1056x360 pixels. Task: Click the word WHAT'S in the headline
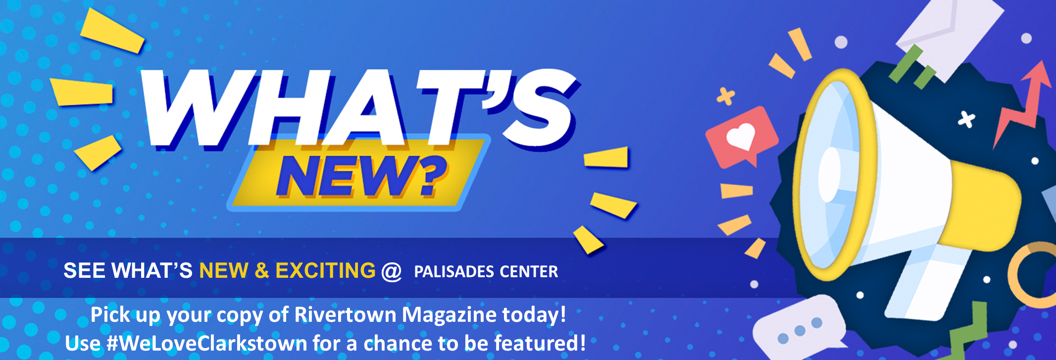(359, 109)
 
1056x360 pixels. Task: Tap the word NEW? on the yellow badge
(361, 176)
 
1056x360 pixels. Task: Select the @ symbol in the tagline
(392, 271)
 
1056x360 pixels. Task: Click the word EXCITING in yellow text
(325, 270)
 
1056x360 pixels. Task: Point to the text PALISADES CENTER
(486, 271)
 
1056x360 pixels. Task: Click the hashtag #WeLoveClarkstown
(207, 343)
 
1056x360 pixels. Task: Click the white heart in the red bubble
(741, 136)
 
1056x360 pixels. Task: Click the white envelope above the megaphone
(948, 32)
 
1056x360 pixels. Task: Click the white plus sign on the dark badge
(966, 119)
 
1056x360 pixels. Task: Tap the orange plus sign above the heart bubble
(726, 96)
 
